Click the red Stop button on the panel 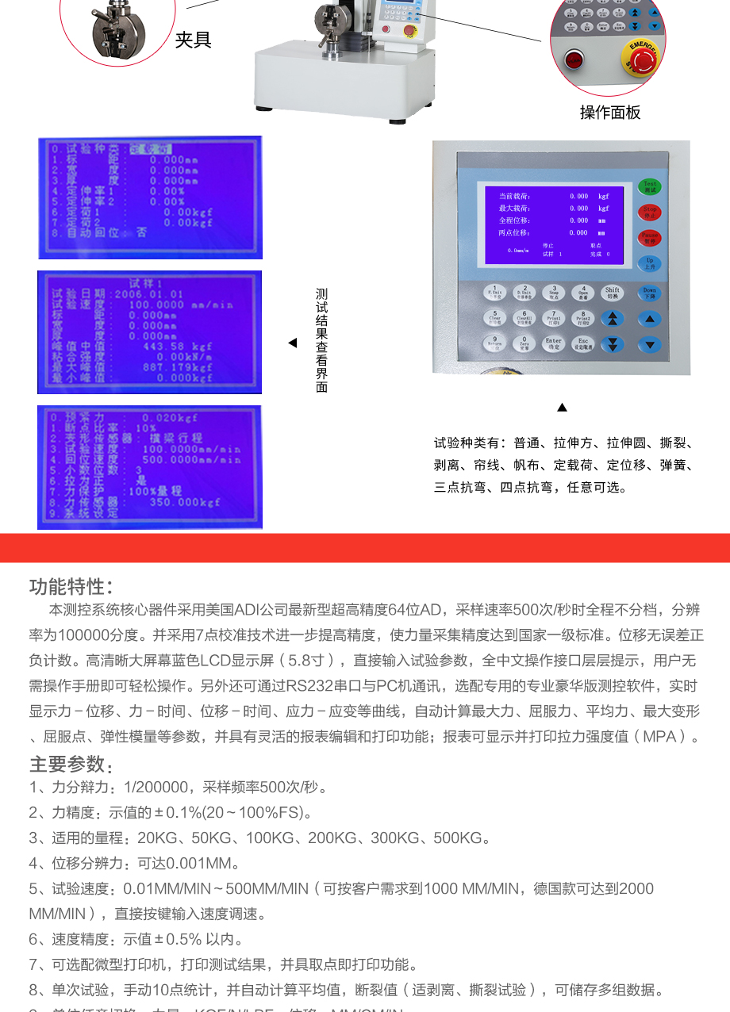click(x=649, y=213)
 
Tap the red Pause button click(x=649, y=238)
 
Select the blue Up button click(x=649, y=263)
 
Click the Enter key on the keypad click(x=553, y=344)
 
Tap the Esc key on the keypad click(x=582, y=344)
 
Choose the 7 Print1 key click(x=553, y=318)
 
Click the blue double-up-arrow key click(x=612, y=319)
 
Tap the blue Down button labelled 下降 click(x=649, y=293)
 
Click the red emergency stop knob click(x=641, y=56)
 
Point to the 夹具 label click(x=194, y=40)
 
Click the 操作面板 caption click(x=609, y=113)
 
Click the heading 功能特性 click(x=71, y=587)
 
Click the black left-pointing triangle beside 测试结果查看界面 click(x=292, y=343)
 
